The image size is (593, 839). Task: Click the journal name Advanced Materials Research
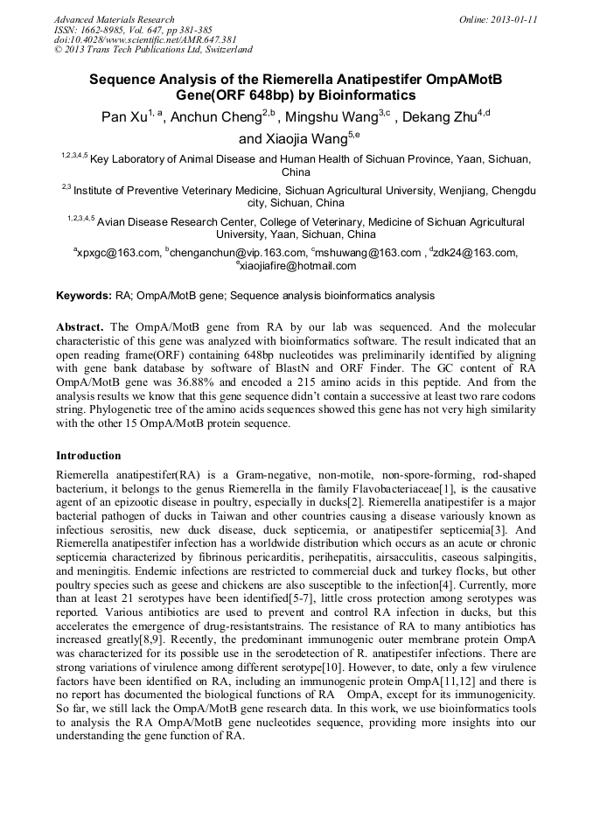click(114, 19)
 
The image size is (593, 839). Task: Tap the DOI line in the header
click(145, 39)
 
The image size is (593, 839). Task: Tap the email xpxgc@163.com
click(117, 253)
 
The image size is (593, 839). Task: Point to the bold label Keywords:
click(84, 296)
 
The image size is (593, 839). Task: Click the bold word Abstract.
click(80, 325)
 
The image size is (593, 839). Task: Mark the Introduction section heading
click(88, 455)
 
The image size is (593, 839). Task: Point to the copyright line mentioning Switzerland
click(153, 50)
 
